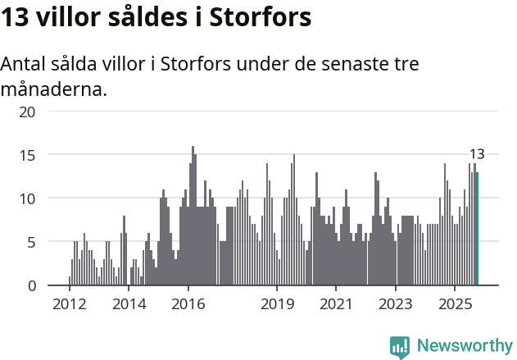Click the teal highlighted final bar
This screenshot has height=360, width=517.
pos(477,229)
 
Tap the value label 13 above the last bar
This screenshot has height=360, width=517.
pos(477,154)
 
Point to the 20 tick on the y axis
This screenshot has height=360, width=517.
pos(27,111)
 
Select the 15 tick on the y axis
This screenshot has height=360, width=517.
pos(27,154)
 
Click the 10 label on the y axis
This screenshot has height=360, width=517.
pos(27,198)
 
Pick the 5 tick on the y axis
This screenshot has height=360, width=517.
pos(30,242)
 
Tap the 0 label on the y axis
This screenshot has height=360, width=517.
pos(30,285)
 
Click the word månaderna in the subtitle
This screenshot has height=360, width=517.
pos(53,89)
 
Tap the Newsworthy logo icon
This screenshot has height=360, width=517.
pos(400,347)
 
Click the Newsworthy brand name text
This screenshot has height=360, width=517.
pos(464,346)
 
